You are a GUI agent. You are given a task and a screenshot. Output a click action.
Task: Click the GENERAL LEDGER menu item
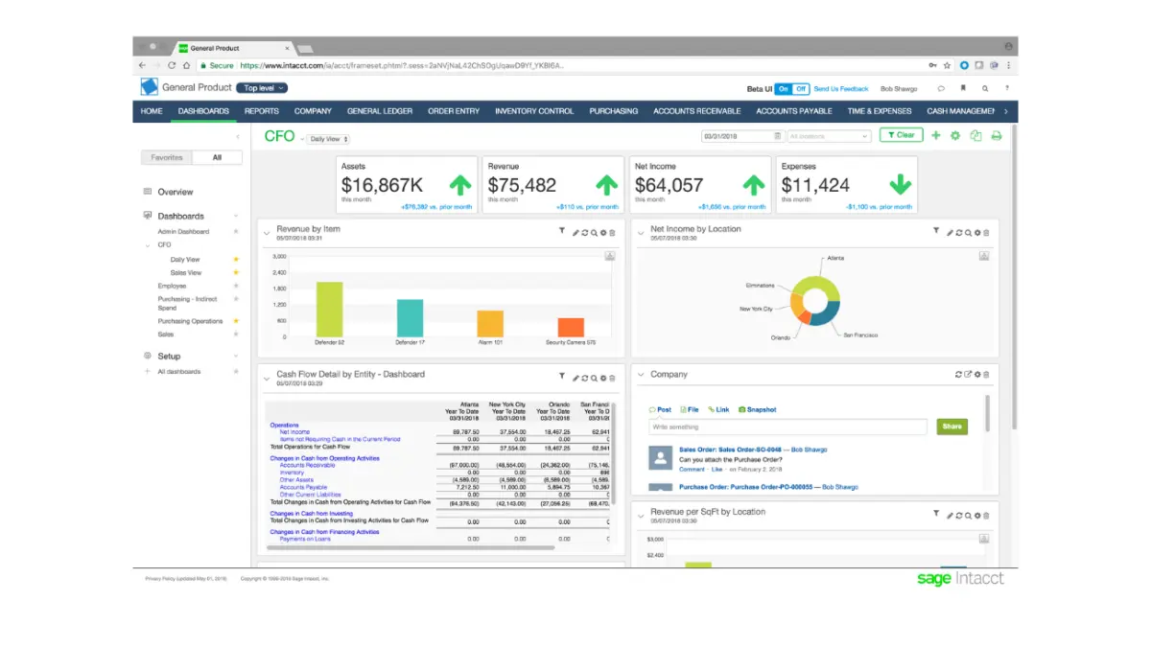tap(380, 111)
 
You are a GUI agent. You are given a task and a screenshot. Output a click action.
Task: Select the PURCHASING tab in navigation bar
tap(614, 111)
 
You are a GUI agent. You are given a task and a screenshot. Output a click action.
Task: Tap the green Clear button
tap(901, 135)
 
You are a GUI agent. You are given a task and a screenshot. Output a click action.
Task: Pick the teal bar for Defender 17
tap(410, 317)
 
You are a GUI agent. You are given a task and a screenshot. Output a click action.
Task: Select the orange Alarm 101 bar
tap(490, 323)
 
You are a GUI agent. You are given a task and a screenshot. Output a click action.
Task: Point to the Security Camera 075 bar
tap(571, 327)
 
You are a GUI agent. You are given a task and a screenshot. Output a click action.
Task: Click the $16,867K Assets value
tap(382, 185)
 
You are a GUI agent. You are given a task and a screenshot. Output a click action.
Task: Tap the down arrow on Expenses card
tap(900, 185)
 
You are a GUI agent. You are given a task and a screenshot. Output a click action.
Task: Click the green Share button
tap(951, 427)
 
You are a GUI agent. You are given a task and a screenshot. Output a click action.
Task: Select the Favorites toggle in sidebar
tap(167, 157)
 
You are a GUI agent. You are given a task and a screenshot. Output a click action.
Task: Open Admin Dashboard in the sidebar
tap(183, 232)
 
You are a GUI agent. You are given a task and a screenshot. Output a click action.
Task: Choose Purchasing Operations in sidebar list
tap(190, 321)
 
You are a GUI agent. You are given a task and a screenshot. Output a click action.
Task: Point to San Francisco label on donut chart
tap(860, 335)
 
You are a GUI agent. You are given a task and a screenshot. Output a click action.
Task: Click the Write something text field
tap(787, 427)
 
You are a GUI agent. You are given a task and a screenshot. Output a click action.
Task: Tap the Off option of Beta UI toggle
tap(800, 88)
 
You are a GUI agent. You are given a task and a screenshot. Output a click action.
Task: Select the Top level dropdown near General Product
tap(263, 88)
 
